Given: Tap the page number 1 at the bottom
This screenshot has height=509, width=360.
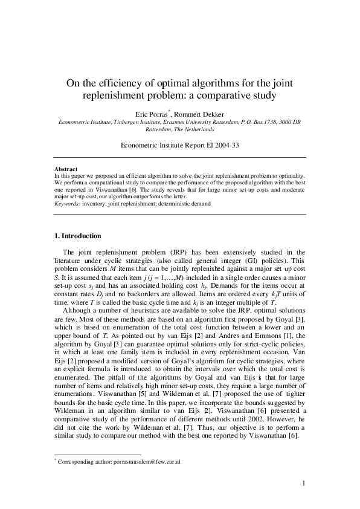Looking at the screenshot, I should [x=304, y=482].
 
